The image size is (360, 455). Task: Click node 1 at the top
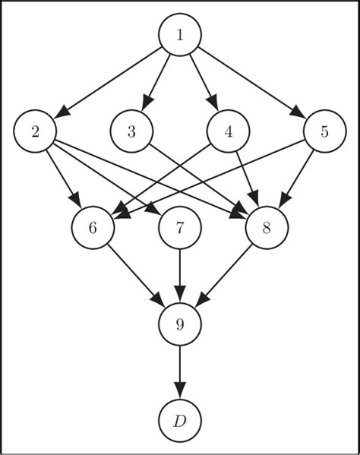(x=180, y=34)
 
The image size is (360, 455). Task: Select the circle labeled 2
(x=35, y=131)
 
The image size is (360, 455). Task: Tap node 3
(x=131, y=131)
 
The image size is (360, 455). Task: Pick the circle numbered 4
(x=228, y=131)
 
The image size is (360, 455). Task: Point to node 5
(x=324, y=131)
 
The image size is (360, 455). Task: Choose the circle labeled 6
(x=93, y=227)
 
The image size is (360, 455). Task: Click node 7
(x=180, y=227)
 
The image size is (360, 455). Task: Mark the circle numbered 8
(x=267, y=227)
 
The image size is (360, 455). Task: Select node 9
(x=180, y=324)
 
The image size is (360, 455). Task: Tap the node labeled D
(x=180, y=421)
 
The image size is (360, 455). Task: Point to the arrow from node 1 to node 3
(x=157, y=80)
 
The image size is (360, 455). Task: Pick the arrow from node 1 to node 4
(x=203, y=80)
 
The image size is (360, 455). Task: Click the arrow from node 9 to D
(x=180, y=372)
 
